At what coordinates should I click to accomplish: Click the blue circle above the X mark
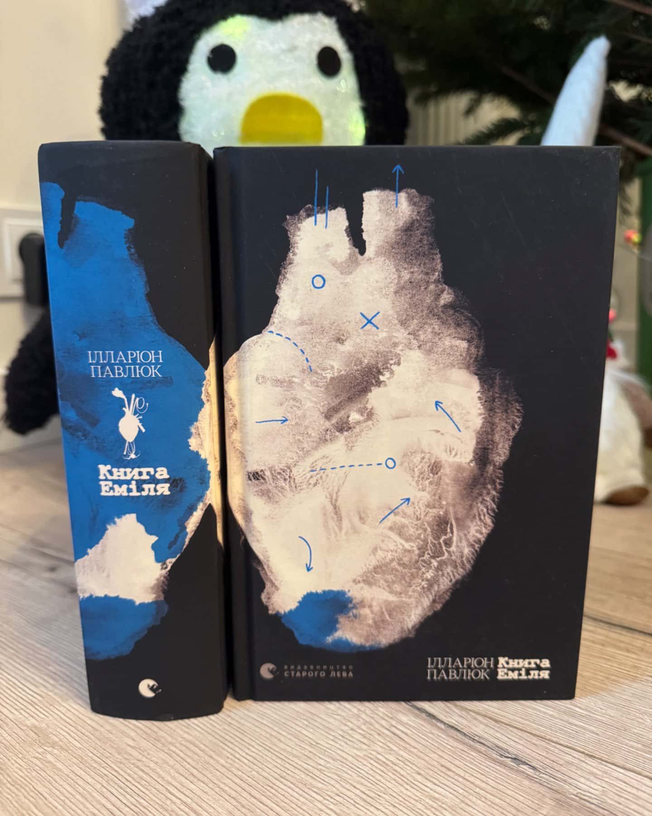pos(318,282)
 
